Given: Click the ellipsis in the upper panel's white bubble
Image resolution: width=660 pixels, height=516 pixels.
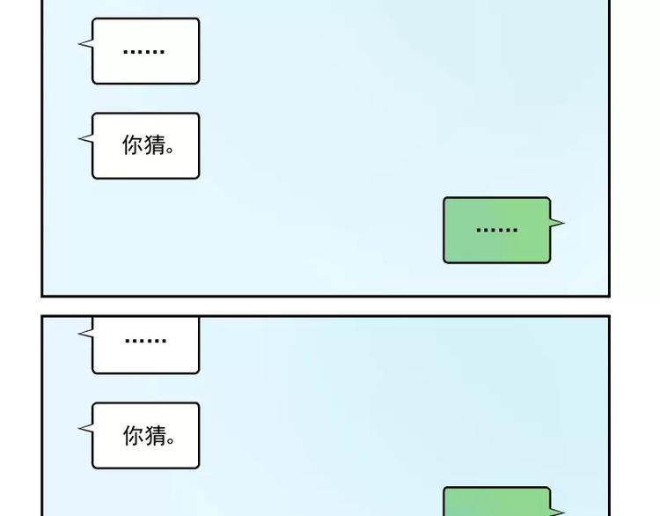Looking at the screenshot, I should point(143,51).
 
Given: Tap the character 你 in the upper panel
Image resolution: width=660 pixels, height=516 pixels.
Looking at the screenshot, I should point(133,145).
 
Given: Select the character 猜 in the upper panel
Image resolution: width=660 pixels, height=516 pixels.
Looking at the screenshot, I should point(154,145).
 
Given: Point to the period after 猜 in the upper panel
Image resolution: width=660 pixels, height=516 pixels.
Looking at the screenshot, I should point(171,151).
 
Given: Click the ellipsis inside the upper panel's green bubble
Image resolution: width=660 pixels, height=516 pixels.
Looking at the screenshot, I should point(496,230).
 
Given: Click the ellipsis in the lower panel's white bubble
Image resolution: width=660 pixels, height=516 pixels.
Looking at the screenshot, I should point(145,340).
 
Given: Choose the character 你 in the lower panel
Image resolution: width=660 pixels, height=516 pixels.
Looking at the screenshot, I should point(133,435).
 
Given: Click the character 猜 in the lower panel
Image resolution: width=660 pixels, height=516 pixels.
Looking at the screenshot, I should point(154,435).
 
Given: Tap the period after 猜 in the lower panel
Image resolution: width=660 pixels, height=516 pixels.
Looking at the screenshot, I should point(171,440).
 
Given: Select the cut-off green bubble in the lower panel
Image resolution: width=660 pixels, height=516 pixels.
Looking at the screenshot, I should point(496,503).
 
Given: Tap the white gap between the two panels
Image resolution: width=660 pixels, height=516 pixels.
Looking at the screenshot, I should point(326,306).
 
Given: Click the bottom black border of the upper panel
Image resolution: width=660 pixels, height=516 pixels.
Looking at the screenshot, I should point(326,295).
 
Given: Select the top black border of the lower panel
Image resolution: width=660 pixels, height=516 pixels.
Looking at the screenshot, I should point(326,316).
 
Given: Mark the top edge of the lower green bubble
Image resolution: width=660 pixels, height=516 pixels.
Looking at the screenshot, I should point(496,488).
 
